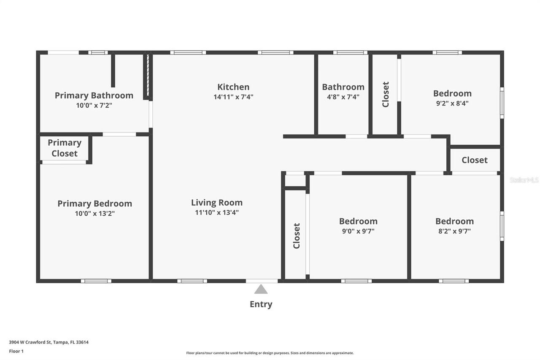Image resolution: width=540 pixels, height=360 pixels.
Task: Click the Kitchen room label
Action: point(233,87)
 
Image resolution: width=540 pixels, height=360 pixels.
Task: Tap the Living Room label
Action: point(217,203)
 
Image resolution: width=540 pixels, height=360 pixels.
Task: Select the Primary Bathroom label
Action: point(94,95)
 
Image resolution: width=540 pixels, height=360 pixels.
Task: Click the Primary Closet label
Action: point(65,148)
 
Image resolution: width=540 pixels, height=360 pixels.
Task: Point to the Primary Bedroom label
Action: point(94,204)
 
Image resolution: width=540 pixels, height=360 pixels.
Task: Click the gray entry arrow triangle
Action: point(261,289)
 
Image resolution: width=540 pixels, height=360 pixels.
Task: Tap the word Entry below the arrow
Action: point(261,304)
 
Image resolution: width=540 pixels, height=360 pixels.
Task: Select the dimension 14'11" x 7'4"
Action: point(233,97)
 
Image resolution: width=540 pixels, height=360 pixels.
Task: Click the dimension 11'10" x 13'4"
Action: point(217,213)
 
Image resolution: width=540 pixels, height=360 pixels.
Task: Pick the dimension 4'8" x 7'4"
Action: point(343,97)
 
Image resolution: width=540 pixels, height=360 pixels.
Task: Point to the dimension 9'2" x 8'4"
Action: point(452,103)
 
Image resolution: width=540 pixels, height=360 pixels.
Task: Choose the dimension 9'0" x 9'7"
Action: point(358,231)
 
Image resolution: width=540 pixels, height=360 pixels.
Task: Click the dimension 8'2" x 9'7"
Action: point(454,231)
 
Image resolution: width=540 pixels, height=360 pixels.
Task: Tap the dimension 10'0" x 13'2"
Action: point(94,214)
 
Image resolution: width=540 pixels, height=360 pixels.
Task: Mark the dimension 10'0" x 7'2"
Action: point(94,106)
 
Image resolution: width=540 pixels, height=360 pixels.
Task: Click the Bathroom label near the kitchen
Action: point(343,87)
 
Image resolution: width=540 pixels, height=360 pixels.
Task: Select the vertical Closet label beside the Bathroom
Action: point(386,95)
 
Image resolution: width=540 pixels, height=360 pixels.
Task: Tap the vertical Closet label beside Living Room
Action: point(297,235)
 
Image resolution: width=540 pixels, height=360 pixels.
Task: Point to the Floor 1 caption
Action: point(16,351)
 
